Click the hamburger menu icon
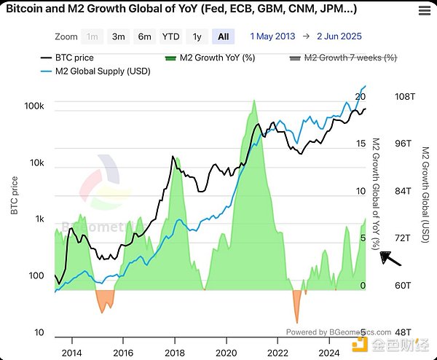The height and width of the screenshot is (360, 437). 424,10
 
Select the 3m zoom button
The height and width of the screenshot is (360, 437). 117,36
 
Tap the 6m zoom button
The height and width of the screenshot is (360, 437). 144,36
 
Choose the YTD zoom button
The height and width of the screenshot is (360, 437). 171,36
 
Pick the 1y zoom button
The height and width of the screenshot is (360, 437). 197,36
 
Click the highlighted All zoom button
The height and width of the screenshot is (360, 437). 222,36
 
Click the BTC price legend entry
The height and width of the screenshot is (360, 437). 66,57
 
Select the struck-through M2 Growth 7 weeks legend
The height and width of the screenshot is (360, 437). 343,57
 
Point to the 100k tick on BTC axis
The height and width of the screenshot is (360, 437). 34,106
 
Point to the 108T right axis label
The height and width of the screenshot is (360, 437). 404,96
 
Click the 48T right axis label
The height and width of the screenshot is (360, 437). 404,332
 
